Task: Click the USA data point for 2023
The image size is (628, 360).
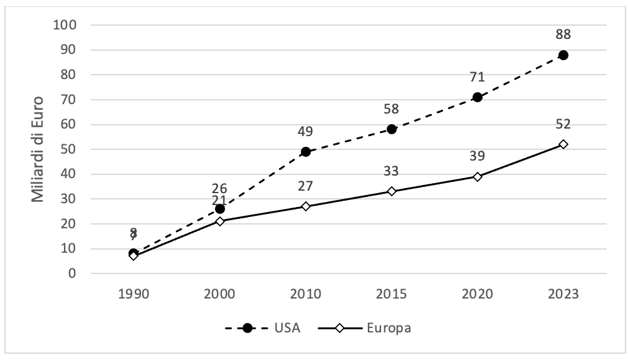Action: coord(563,55)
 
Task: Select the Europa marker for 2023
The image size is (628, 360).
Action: coord(563,144)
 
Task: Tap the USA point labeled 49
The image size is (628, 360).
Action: coord(306,152)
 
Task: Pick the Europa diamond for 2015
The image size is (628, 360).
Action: coord(392,191)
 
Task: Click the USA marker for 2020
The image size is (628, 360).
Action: coord(478,97)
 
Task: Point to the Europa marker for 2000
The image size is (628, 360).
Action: coord(220,221)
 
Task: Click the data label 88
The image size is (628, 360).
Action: coord(563,34)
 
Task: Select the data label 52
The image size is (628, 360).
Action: coord(563,124)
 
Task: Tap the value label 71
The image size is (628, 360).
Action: coord(478,77)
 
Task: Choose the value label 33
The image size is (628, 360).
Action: coord(392,171)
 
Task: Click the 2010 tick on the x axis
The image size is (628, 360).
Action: coord(306,294)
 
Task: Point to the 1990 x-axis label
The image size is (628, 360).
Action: coord(133,294)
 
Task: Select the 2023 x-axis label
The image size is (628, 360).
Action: coord(563,294)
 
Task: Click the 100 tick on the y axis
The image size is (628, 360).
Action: coord(66,25)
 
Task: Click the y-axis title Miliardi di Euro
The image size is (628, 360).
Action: coord(38,149)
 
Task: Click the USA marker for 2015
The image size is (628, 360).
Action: coord(392,129)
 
